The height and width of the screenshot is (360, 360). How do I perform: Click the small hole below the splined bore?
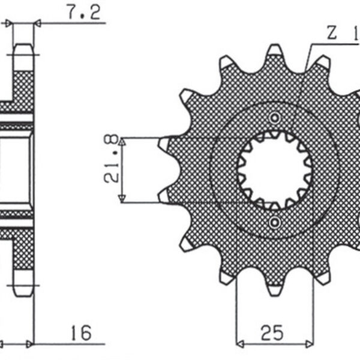pyautogui.click(x=275, y=224)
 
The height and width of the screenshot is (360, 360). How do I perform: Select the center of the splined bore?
pyautogui.click(x=275, y=170)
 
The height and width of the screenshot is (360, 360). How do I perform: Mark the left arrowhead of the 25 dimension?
pyautogui.click(x=240, y=345)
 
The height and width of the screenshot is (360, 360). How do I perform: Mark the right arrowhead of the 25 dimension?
pyautogui.click(x=310, y=345)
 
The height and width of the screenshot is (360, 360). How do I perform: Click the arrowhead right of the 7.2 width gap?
pyautogui.click(x=37, y=23)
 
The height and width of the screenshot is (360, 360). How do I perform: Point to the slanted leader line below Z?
pyautogui.click(x=308, y=57)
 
